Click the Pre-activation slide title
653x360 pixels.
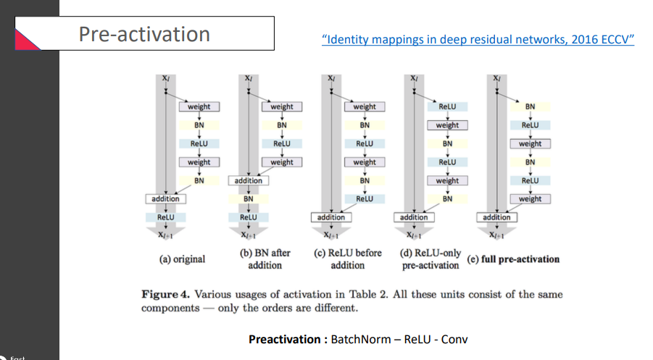tap(144, 34)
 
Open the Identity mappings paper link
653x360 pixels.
tap(478, 39)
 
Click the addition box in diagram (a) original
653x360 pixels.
tap(166, 198)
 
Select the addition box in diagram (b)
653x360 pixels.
tap(248, 180)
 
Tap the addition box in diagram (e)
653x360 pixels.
tap(496, 217)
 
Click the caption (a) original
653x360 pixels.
tap(182, 259)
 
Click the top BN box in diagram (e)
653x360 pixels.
tap(530, 106)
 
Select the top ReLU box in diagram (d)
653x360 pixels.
tap(447, 106)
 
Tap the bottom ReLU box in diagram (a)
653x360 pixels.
tap(166, 217)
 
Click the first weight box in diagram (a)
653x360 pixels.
tap(199, 106)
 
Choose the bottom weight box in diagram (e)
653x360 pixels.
tap(530, 198)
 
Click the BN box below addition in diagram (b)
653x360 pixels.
tap(248, 198)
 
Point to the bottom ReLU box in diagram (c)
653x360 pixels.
tap(365, 198)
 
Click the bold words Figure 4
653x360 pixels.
tap(166, 295)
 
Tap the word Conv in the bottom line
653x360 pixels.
tap(454, 339)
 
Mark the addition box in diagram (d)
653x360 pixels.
tap(414, 217)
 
